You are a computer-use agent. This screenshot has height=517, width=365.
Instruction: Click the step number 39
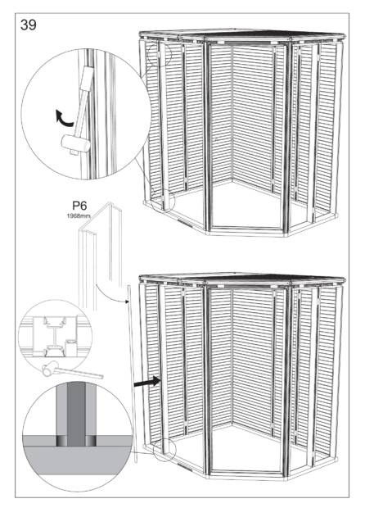[29, 25]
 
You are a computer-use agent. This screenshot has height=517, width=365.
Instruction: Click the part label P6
[79, 206]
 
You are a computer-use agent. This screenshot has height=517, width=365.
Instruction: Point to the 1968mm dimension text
[79, 215]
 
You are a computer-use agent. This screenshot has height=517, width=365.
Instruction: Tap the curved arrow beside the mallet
[63, 118]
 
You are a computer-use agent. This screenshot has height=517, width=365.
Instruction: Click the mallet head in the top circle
[75, 143]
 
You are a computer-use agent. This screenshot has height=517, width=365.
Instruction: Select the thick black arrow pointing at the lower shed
[147, 382]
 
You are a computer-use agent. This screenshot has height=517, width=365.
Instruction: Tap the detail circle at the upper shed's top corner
[160, 53]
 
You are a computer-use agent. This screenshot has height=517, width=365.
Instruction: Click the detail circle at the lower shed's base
[165, 449]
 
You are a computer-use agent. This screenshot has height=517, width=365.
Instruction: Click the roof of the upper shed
[242, 35]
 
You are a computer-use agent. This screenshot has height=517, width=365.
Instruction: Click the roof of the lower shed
[242, 278]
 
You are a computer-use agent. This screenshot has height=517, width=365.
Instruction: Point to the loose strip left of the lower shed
[132, 374]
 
